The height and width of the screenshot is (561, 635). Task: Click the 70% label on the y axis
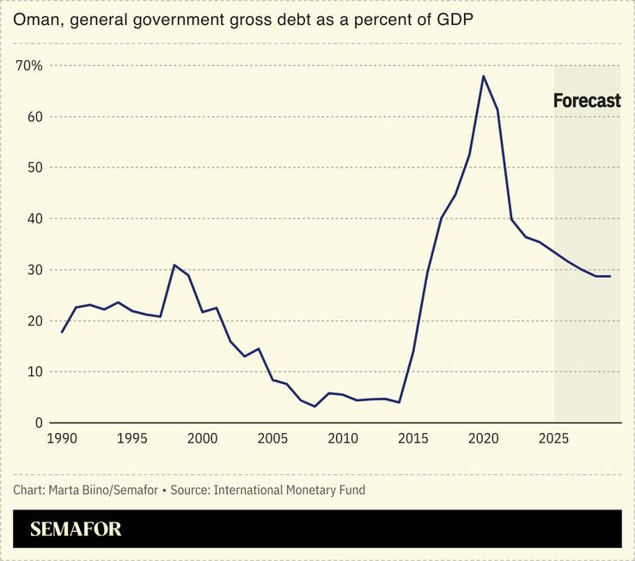coord(30,65)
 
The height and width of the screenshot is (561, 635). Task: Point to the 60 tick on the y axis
coord(34,117)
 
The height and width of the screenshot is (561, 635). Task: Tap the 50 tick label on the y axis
coord(34,168)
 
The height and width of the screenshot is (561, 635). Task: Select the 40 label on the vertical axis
coord(34,218)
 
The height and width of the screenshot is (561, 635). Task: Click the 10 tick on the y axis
coord(34,372)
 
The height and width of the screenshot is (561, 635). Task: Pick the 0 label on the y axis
coord(39,423)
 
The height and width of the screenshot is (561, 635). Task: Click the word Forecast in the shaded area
coord(586,101)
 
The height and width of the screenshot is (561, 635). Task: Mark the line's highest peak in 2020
coord(484,76)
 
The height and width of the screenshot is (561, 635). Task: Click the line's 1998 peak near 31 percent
coord(174,265)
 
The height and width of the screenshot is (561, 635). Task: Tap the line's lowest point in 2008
coord(314,406)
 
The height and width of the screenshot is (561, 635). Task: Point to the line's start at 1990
coord(62,332)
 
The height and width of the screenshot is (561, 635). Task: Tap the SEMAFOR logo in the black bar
coord(76,529)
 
